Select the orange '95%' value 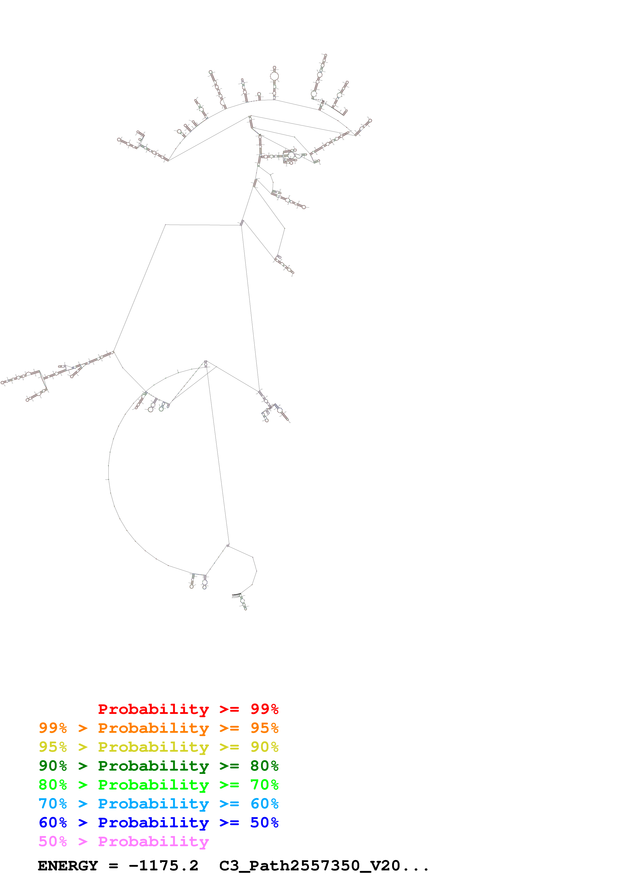click(264, 728)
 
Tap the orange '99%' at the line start click(53, 728)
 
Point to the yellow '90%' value click(264, 747)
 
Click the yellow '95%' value click(53, 747)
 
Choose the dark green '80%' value click(264, 766)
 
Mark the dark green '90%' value click(53, 766)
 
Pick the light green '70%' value click(264, 785)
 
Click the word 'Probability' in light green click(153, 785)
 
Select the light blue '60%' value click(264, 804)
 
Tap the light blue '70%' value click(53, 804)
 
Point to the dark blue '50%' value click(264, 823)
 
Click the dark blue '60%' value click(53, 823)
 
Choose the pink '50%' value click(53, 841)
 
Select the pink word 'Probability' click(153, 841)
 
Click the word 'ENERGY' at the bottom click(68, 866)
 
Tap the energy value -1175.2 click(163, 866)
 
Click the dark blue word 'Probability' click(153, 823)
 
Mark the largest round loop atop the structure click(274, 76)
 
